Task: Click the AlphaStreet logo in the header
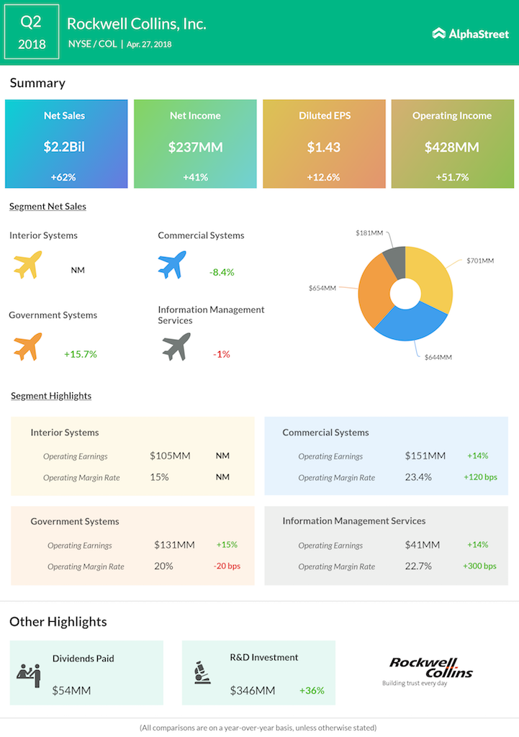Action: point(470,33)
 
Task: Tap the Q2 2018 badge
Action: point(32,33)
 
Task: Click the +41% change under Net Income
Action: point(195,177)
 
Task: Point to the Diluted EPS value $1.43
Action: point(324,148)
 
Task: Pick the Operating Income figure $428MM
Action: point(452,148)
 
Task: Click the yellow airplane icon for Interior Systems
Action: point(28,265)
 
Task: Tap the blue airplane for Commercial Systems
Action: point(172,265)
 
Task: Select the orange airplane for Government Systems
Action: point(28,347)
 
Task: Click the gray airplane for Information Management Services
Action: point(176,347)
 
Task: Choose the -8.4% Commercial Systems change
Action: point(222,272)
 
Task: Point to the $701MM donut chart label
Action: point(479,260)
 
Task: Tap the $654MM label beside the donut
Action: point(322,288)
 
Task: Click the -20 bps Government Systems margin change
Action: point(227,566)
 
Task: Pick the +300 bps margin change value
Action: point(479,566)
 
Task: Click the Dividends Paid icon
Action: point(29,674)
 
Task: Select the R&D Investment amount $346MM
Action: point(253,691)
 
